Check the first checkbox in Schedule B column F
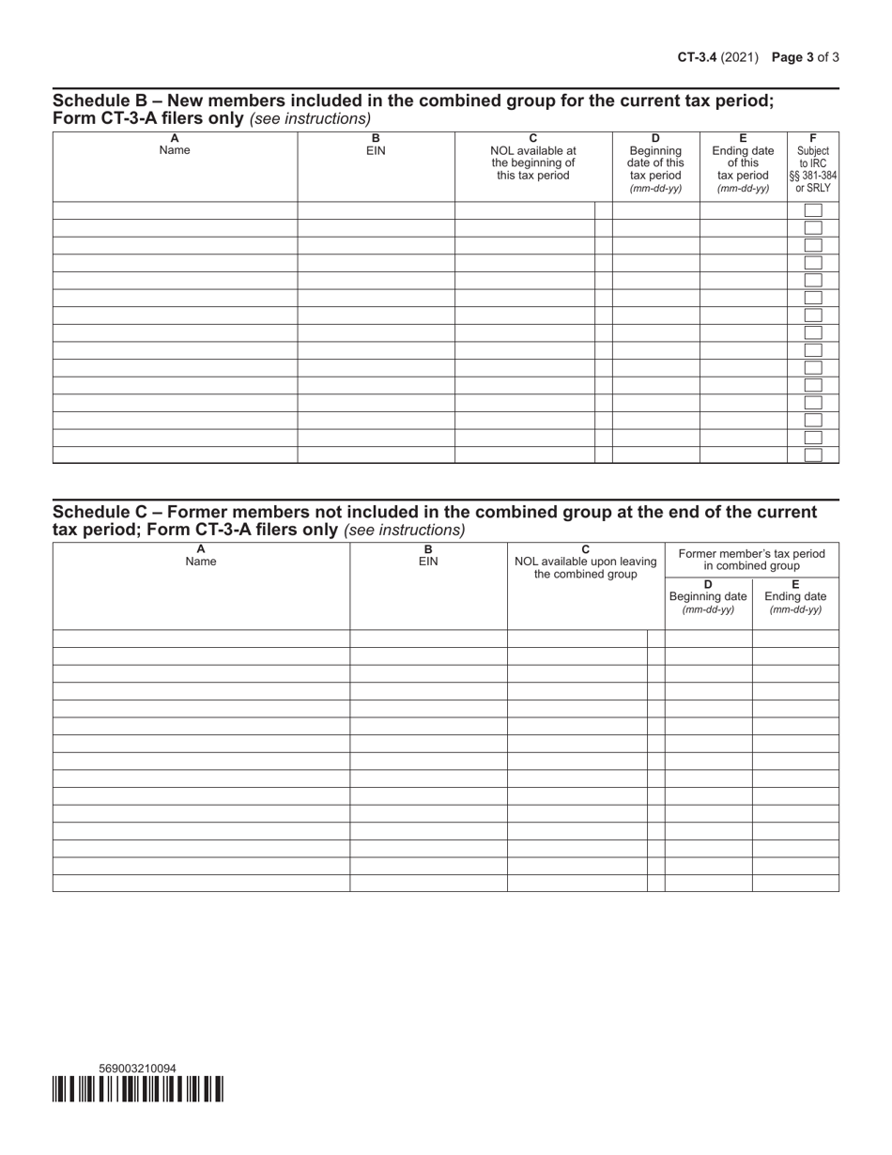click(x=813, y=210)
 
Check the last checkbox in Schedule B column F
click(x=813, y=455)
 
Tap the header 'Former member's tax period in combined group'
click(x=751, y=560)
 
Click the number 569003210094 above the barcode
click(x=137, y=1069)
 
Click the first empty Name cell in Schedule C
click(x=201, y=639)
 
